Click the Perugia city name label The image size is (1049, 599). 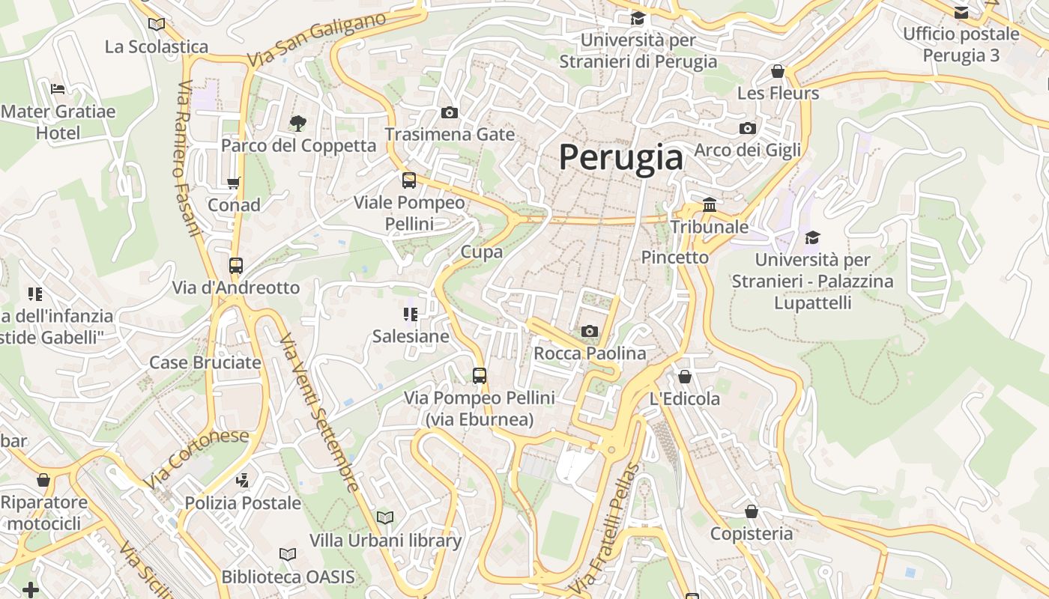pyautogui.click(x=620, y=158)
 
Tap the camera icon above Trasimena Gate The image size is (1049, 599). pyautogui.click(x=450, y=113)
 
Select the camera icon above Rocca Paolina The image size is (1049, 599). pyautogui.click(x=590, y=331)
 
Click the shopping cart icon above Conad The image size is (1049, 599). pyautogui.click(x=234, y=183)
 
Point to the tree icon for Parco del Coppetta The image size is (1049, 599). pyautogui.click(x=298, y=123)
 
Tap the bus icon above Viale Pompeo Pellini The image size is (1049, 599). pyautogui.click(x=409, y=180)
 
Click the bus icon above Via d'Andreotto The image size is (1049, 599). pyautogui.click(x=236, y=265)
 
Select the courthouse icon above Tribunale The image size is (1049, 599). pyautogui.click(x=709, y=204)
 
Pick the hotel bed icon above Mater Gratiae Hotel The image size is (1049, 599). pyautogui.click(x=58, y=89)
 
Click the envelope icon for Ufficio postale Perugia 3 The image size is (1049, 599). pyautogui.click(x=961, y=12)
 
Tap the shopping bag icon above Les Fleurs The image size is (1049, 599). pyautogui.click(x=778, y=71)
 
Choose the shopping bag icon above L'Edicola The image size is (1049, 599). pyautogui.click(x=684, y=377)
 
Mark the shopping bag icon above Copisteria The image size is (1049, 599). pyautogui.click(x=751, y=511)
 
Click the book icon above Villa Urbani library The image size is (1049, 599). pyautogui.click(x=385, y=517)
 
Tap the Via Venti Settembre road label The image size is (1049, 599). pyautogui.click(x=319, y=413)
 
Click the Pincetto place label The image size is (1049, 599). pyautogui.click(x=674, y=257)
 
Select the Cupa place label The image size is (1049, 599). pyautogui.click(x=481, y=252)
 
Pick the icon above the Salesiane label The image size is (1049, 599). pyautogui.click(x=411, y=314)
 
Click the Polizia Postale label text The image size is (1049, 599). pyautogui.click(x=243, y=502)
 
